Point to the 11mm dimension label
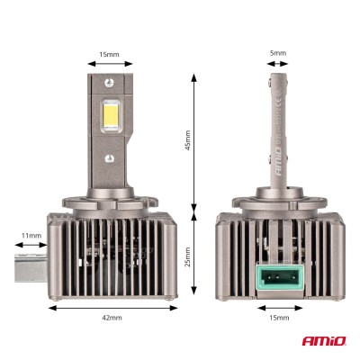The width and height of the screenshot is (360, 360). click(x=31, y=236)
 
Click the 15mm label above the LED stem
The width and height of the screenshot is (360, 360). click(x=110, y=54)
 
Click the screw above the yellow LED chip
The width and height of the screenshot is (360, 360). click(x=110, y=86)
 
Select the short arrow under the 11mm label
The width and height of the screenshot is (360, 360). click(x=31, y=245)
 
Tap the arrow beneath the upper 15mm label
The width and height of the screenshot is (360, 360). click(x=110, y=65)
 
